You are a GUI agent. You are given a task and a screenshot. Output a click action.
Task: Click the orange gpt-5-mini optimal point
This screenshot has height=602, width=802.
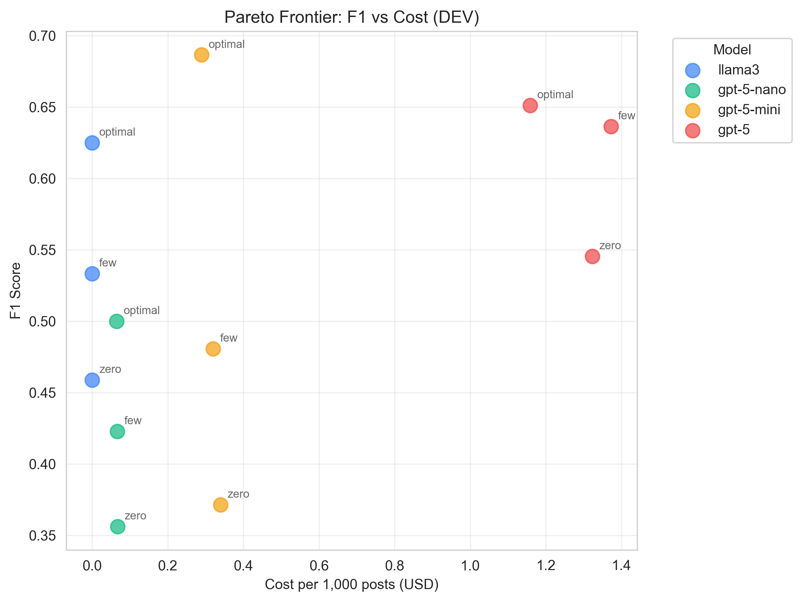point(201,55)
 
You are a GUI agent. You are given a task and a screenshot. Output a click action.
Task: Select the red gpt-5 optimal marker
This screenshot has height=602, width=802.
point(530,105)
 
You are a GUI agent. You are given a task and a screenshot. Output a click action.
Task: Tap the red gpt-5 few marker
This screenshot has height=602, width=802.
point(611,126)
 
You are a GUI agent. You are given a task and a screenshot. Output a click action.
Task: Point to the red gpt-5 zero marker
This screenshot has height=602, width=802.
point(592,256)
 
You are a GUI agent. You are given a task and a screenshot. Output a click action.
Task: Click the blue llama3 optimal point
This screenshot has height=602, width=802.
point(92,143)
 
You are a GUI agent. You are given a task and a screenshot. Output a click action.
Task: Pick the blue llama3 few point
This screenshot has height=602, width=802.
point(92,273)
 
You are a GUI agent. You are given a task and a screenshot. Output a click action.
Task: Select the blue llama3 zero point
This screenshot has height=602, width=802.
point(92,380)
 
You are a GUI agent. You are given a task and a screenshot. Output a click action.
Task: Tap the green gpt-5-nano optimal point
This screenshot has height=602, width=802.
point(116,321)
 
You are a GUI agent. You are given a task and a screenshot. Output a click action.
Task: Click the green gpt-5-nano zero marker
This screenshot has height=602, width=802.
point(118,527)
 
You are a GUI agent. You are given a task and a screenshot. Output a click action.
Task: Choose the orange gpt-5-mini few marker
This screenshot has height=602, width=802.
point(213,349)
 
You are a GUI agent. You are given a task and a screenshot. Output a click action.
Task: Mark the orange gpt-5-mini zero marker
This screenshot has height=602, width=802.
point(221,505)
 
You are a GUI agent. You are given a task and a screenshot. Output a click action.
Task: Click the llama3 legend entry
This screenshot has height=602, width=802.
point(738,70)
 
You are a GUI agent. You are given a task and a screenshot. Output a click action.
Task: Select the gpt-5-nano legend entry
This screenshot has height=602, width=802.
point(751,90)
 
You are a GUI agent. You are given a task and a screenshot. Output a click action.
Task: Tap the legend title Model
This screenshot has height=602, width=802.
point(732,50)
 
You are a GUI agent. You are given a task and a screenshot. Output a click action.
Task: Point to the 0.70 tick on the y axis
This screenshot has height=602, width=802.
point(42,36)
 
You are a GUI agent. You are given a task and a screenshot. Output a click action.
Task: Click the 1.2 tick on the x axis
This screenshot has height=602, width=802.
point(546,566)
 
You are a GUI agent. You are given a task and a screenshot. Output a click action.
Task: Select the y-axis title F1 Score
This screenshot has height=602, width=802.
point(15,291)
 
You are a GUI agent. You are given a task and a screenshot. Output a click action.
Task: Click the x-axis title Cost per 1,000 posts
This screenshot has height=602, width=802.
point(351,585)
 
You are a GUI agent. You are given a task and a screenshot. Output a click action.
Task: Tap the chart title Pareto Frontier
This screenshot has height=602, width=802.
point(351,17)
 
